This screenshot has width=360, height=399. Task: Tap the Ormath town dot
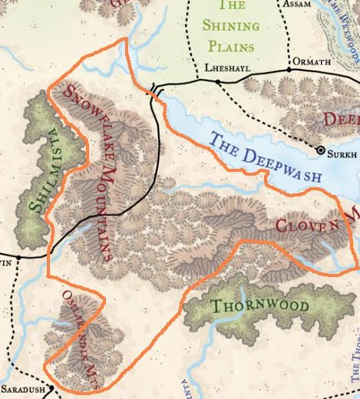(x=289, y=70)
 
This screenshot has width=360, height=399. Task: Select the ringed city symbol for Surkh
(x=321, y=150)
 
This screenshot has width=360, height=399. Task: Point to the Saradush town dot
(x=51, y=388)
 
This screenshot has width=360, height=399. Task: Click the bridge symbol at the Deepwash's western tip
(x=156, y=91)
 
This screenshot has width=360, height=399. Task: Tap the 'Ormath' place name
(x=308, y=60)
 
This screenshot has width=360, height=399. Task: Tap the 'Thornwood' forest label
(x=260, y=306)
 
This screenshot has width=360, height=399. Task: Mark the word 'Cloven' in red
(x=307, y=226)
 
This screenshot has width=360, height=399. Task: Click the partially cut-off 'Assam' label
(x=299, y=4)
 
